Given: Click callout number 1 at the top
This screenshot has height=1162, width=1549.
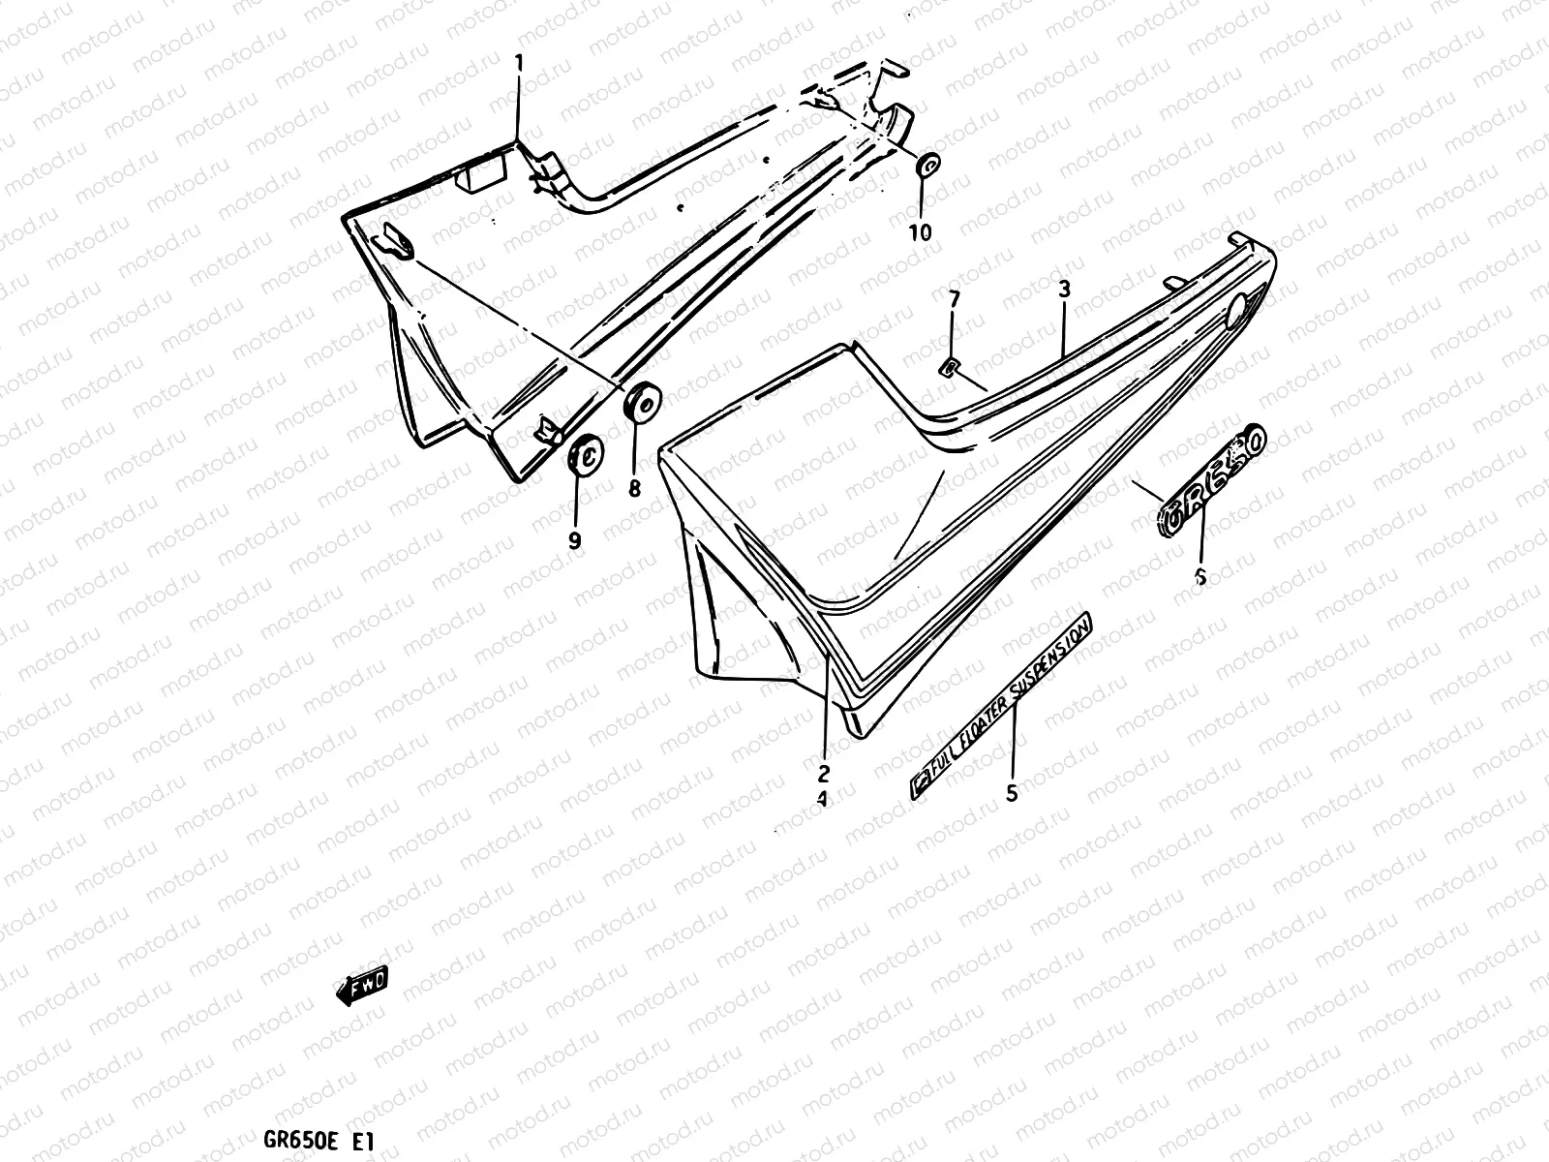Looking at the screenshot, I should pyautogui.click(x=519, y=64).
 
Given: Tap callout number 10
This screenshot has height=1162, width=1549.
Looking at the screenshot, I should pyautogui.click(x=920, y=232).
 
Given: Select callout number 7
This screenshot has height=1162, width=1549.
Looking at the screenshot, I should pyautogui.click(x=954, y=300).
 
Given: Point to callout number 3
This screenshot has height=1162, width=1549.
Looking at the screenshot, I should pyautogui.click(x=1063, y=288).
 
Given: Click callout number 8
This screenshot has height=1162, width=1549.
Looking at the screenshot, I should pyautogui.click(x=634, y=490).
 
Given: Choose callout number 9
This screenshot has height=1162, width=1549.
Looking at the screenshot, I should pyautogui.click(x=575, y=541).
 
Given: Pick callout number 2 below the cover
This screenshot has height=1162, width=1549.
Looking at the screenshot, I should pyautogui.click(x=824, y=773).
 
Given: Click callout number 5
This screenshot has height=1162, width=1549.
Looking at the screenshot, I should pyautogui.click(x=1012, y=794).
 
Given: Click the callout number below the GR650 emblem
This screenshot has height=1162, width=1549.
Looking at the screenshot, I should pyautogui.click(x=1200, y=577).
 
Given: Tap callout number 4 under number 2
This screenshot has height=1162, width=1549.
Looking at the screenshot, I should pyautogui.click(x=822, y=800).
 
